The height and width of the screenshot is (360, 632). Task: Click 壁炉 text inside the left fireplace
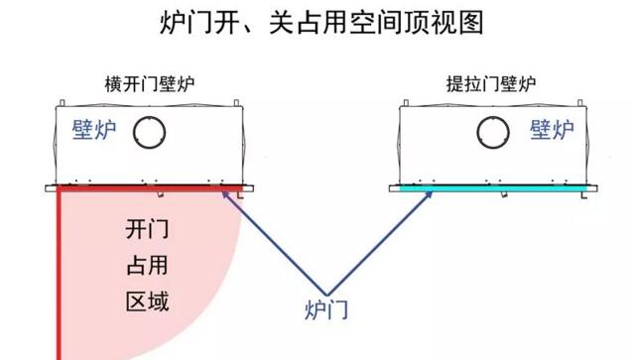click(x=93, y=131)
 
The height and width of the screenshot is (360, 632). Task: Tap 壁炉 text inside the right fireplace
click(x=552, y=130)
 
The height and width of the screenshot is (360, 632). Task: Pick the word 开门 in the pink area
click(x=146, y=230)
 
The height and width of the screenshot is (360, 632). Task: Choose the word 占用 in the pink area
click(x=146, y=265)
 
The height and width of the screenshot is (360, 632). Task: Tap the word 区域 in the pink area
click(x=146, y=299)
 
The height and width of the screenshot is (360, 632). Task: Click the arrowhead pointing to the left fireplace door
click(x=227, y=194)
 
